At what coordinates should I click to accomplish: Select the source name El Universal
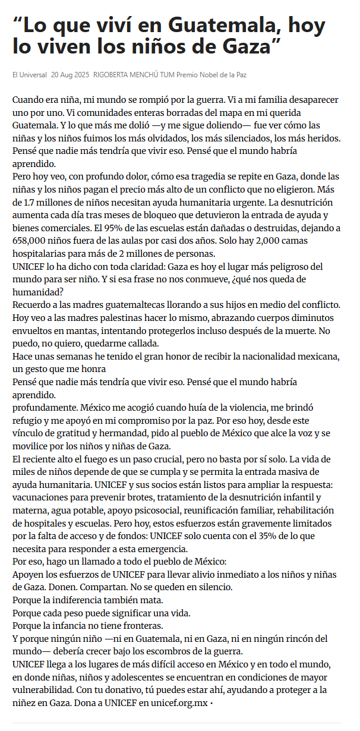29,75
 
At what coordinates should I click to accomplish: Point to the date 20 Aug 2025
70,75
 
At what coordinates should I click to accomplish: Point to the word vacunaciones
41,498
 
